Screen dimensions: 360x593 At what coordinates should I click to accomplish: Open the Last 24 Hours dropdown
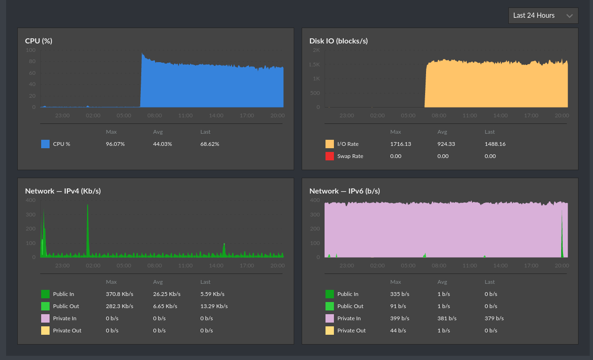click(543, 15)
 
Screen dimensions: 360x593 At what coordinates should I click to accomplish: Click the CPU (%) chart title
click(39, 41)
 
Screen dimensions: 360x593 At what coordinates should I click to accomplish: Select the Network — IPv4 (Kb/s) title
click(63, 191)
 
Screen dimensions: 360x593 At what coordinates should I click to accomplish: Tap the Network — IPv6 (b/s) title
click(345, 191)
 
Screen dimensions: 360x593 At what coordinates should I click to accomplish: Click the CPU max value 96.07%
click(115, 144)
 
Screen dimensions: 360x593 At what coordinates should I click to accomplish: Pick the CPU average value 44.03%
click(162, 144)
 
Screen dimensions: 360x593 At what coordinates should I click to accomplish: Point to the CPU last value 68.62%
click(210, 144)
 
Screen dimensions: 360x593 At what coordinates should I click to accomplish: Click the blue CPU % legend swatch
click(45, 144)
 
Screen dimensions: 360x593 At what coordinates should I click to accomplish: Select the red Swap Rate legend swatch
click(330, 156)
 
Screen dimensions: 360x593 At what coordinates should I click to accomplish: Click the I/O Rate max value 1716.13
click(400, 144)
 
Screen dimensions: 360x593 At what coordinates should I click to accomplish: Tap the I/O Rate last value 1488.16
click(495, 144)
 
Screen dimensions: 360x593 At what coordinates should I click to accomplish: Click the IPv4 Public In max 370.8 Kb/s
click(120, 294)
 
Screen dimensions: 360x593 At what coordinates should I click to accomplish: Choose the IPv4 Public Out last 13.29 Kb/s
click(214, 306)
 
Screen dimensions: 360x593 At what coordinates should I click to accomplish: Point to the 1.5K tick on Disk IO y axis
click(314, 65)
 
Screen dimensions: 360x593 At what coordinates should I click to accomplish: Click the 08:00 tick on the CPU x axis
click(154, 115)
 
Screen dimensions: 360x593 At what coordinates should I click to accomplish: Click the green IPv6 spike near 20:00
click(562, 234)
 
